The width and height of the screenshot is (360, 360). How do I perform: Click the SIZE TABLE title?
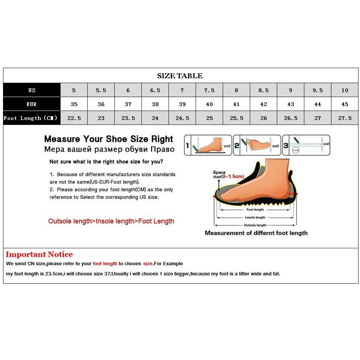180,76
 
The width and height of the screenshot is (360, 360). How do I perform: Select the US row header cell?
32,90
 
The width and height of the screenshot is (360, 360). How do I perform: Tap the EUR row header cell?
32,104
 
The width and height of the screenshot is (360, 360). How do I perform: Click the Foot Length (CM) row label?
31,118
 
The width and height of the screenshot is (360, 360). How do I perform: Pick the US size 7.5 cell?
209,90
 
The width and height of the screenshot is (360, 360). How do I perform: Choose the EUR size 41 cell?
236,104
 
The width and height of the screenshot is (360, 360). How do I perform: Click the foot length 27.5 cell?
345,118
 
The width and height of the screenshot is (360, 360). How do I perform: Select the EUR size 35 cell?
74,104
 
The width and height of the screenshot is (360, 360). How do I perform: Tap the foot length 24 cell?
155,118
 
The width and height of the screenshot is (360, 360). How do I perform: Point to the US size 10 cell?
345,90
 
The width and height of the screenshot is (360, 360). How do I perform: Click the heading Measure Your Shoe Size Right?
109,139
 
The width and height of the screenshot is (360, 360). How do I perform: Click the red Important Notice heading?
39,255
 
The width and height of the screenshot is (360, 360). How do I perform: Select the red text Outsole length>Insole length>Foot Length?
111,221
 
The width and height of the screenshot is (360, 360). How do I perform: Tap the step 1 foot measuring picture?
208,145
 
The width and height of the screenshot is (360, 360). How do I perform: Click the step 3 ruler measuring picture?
306,145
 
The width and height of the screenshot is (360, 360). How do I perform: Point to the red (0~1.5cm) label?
233,176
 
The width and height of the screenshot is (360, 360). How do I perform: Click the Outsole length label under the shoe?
255,225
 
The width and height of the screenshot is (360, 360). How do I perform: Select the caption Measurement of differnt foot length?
256,233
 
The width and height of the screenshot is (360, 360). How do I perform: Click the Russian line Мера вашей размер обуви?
109,149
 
